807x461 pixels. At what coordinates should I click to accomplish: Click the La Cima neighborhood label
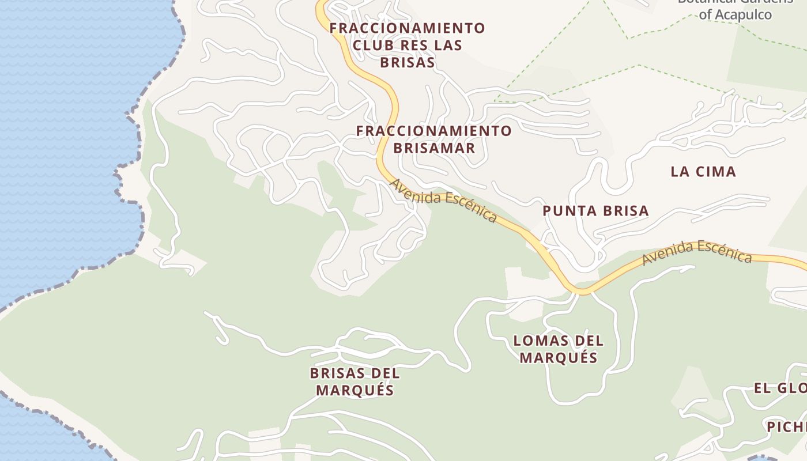(703, 171)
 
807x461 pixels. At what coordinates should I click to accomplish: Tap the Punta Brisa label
(595, 211)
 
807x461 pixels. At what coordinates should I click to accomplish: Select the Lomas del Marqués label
(558, 349)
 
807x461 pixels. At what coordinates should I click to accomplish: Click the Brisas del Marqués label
(355, 381)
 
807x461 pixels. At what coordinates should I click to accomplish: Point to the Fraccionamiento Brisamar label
(433, 139)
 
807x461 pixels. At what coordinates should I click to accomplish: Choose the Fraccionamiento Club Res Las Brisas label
(407, 45)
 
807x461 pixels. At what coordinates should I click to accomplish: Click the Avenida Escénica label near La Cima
(697, 252)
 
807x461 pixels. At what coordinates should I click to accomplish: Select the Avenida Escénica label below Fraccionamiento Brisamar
(443, 201)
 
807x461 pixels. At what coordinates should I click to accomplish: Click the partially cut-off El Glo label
(780, 388)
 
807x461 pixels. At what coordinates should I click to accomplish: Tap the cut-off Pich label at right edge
(786, 426)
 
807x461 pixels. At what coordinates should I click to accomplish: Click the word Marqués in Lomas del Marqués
(558, 358)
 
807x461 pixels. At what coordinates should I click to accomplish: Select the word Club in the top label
(374, 45)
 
